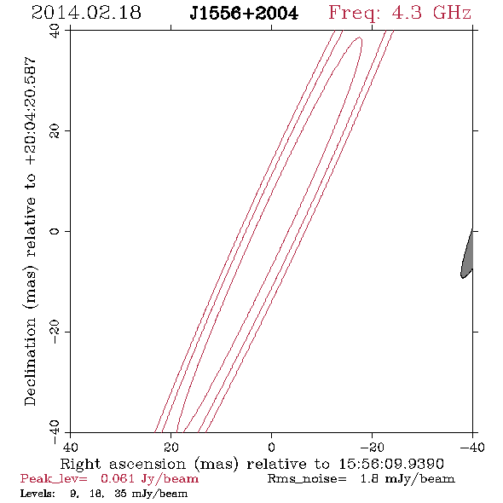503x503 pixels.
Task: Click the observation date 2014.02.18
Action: pyautogui.click(x=86, y=13)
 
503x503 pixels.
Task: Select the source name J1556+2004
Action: pyautogui.click(x=244, y=14)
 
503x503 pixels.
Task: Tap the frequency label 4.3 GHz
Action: pyautogui.click(x=431, y=13)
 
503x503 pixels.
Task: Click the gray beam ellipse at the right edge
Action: pyautogui.click(x=467, y=253)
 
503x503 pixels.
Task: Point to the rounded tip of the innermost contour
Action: pyautogui.click(x=361, y=38)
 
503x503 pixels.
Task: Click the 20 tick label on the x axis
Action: pyautogui.click(x=171, y=447)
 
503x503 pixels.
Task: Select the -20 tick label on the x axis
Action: pyautogui.click(x=372, y=447)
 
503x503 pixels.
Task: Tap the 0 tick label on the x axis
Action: pyautogui.click(x=271, y=447)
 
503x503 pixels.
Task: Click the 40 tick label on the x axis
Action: pyautogui.click(x=70, y=447)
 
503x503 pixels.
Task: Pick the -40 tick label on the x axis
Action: pyautogui.click(x=472, y=447)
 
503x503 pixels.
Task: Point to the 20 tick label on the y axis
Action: pyautogui.click(x=55, y=131)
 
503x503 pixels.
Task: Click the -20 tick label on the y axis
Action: pyautogui.click(x=55, y=332)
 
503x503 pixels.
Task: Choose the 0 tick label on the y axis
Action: pyautogui.click(x=55, y=231)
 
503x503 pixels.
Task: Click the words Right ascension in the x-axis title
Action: pyautogui.click(x=123, y=464)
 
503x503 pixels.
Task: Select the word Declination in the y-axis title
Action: pyautogui.click(x=30, y=361)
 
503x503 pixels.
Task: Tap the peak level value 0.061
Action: pyautogui.click(x=118, y=478)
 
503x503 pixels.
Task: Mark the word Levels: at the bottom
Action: pyautogui.click(x=38, y=494)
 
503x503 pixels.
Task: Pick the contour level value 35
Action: pyautogui.click(x=120, y=494)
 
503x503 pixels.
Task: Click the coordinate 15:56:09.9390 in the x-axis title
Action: pyautogui.click(x=391, y=464)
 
